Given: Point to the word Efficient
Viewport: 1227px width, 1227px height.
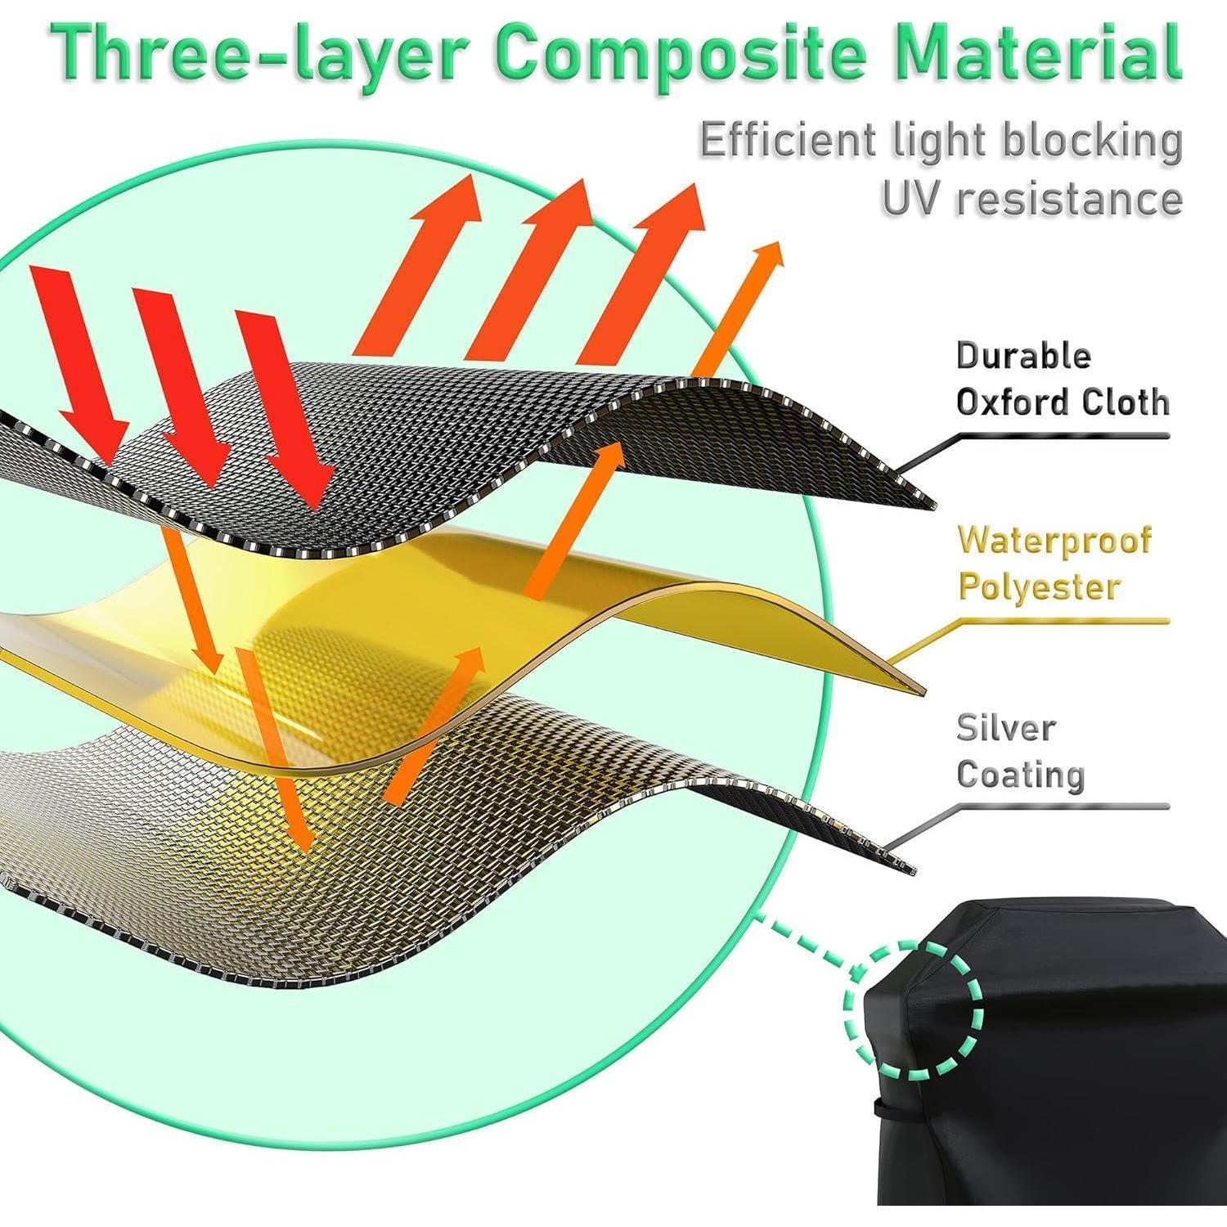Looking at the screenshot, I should [784, 142].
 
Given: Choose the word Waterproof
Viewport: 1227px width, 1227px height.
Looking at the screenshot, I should [1055, 541].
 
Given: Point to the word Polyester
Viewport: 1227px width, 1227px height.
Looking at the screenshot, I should [1038, 587].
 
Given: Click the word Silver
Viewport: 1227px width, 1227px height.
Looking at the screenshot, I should [1006, 727].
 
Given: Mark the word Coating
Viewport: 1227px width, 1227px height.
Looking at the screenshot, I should [1020, 774].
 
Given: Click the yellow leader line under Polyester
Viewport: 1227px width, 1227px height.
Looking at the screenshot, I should [1063, 622].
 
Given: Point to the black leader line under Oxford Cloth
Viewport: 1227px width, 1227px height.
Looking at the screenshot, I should [1063, 436].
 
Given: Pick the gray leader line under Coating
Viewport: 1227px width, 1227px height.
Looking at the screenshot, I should [1063, 807].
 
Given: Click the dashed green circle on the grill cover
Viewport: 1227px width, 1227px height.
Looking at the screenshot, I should [913, 1007].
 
